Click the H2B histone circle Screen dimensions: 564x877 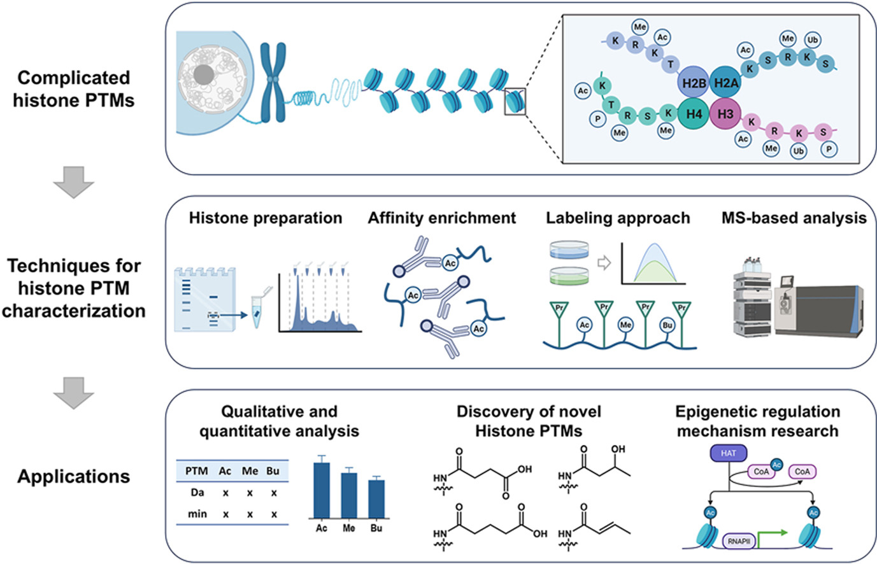click(x=694, y=82)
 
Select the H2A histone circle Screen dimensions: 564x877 click(x=725, y=82)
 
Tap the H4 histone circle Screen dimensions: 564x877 click(x=694, y=115)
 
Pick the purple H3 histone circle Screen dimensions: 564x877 click(x=725, y=115)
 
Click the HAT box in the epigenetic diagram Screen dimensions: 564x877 click(x=728, y=453)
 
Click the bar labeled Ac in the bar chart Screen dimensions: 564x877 click(x=322, y=490)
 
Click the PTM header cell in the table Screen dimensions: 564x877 click(x=196, y=471)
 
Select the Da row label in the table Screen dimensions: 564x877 click(x=197, y=493)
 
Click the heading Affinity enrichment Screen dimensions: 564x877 click(x=441, y=218)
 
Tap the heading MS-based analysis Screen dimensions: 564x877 click(x=794, y=218)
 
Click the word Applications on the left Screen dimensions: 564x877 click(x=73, y=476)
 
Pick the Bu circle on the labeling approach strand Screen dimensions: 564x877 click(x=667, y=325)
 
